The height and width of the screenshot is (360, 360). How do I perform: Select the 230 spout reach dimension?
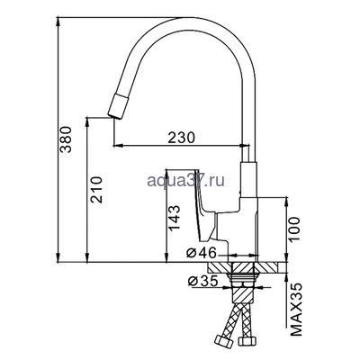(x=182, y=138)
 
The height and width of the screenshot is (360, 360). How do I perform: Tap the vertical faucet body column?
(x=248, y=193)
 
